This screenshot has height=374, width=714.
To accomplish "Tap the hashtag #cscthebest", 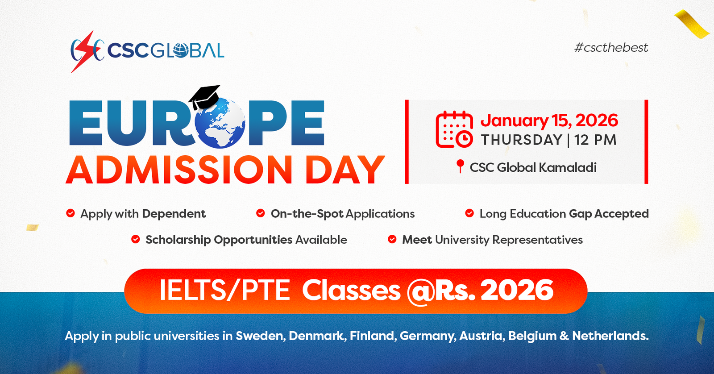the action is coord(611,48).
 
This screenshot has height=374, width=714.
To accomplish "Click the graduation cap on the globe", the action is coord(205,96).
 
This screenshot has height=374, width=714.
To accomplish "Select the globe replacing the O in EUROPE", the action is coord(220,123).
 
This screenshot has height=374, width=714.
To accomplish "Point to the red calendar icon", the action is coord(454,129).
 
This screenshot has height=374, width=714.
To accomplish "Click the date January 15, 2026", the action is coord(549,121).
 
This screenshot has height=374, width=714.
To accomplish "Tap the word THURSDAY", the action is coord(522,140).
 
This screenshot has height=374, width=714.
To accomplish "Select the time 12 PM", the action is coord(595,140).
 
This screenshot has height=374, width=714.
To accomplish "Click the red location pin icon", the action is coord(460,166).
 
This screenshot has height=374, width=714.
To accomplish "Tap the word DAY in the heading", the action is coord(345,170).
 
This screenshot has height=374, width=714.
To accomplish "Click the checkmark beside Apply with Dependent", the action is coord(71,213).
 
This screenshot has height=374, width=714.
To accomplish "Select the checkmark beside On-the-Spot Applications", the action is coord(261,213).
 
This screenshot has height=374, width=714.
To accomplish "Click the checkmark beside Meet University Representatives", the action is coord(392,239).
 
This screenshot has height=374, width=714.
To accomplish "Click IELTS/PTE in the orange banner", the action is coord(225,290).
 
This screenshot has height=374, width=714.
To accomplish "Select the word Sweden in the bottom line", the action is coord(260,336).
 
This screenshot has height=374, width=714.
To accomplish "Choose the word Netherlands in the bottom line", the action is coord(610,336).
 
